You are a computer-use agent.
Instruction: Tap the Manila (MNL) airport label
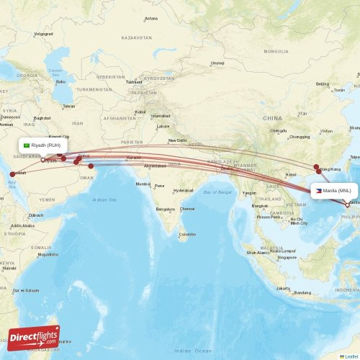(338, 191)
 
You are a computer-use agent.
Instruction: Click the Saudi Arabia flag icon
(27, 145)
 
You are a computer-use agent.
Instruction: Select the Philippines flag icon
(318, 191)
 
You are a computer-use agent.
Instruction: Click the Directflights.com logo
(35, 336)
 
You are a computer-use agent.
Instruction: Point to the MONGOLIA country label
(276, 51)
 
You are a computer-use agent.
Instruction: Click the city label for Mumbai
(143, 184)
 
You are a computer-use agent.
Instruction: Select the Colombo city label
(187, 234)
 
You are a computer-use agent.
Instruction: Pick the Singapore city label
(287, 257)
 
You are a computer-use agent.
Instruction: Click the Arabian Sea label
(104, 199)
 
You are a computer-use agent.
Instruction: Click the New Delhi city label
(177, 140)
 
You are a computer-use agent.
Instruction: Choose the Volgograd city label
(43, 34)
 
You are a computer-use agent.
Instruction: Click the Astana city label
(150, 18)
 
